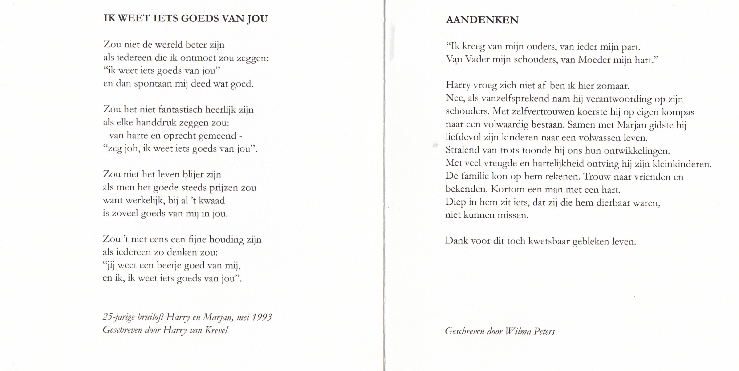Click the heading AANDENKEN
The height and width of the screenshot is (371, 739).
tap(482, 20)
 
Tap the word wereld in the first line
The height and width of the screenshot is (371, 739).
tap(169, 45)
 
